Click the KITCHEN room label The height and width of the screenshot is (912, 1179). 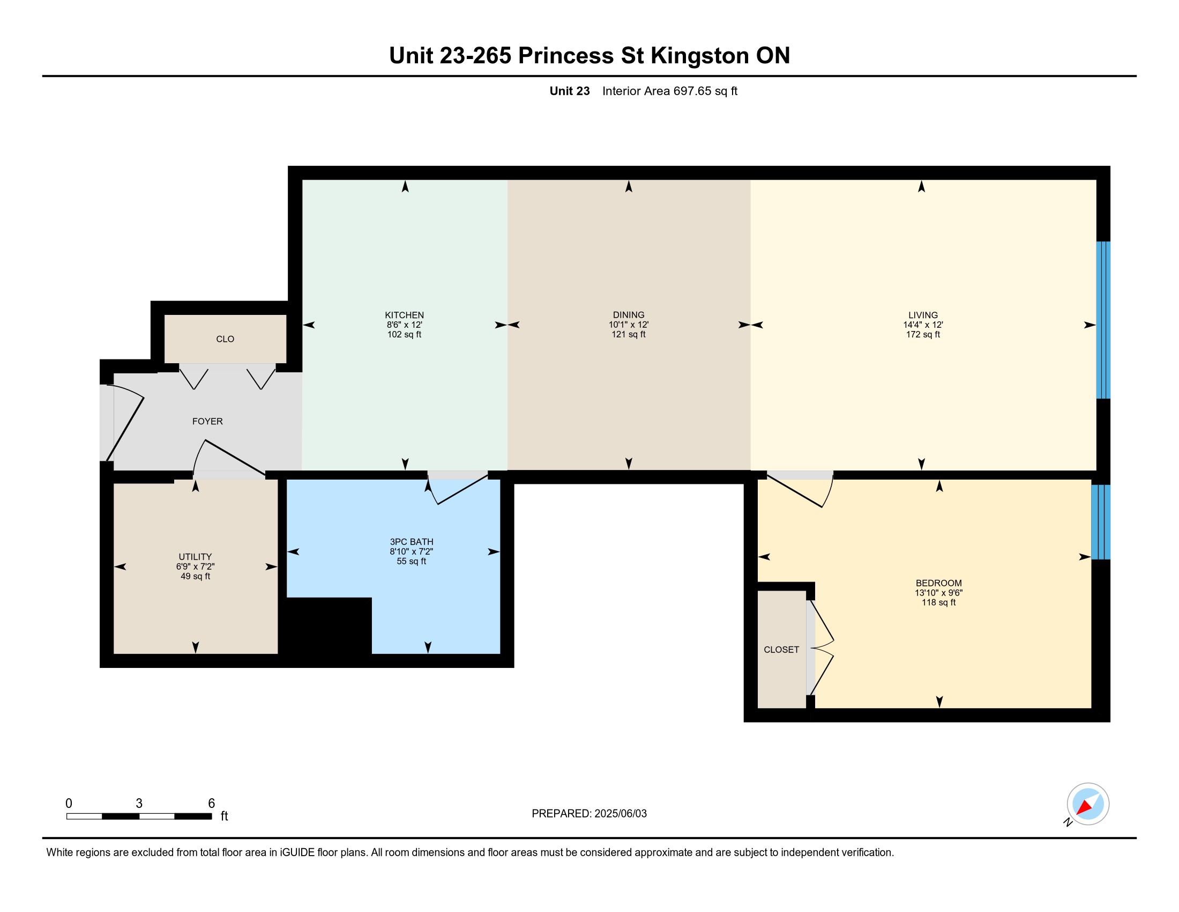click(404, 315)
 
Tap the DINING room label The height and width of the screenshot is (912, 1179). click(629, 315)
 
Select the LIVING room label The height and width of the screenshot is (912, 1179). click(923, 315)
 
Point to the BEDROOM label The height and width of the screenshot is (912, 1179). click(939, 583)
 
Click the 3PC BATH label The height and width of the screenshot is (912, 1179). click(412, 542)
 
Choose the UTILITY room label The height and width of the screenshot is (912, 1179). click(196, 557)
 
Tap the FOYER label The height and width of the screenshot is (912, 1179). click(207, 422)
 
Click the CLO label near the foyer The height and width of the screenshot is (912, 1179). click(225, 339)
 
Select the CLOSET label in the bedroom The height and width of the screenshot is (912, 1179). click(781, 650)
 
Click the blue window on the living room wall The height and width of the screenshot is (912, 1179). click(1103, 320)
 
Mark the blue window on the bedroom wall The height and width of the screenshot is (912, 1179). click(1101, 522)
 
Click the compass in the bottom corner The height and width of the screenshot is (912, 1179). click(1088, 804)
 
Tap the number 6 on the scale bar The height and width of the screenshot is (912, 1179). click(212, 804)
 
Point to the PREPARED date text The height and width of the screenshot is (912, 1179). click(589, 814)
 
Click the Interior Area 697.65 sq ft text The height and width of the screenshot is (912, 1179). click(670, 91)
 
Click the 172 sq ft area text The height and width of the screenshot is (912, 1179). click(923, 334)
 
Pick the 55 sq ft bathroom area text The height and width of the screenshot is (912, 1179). click(412, 561)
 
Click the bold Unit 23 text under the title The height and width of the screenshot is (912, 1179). click(570, 91)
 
